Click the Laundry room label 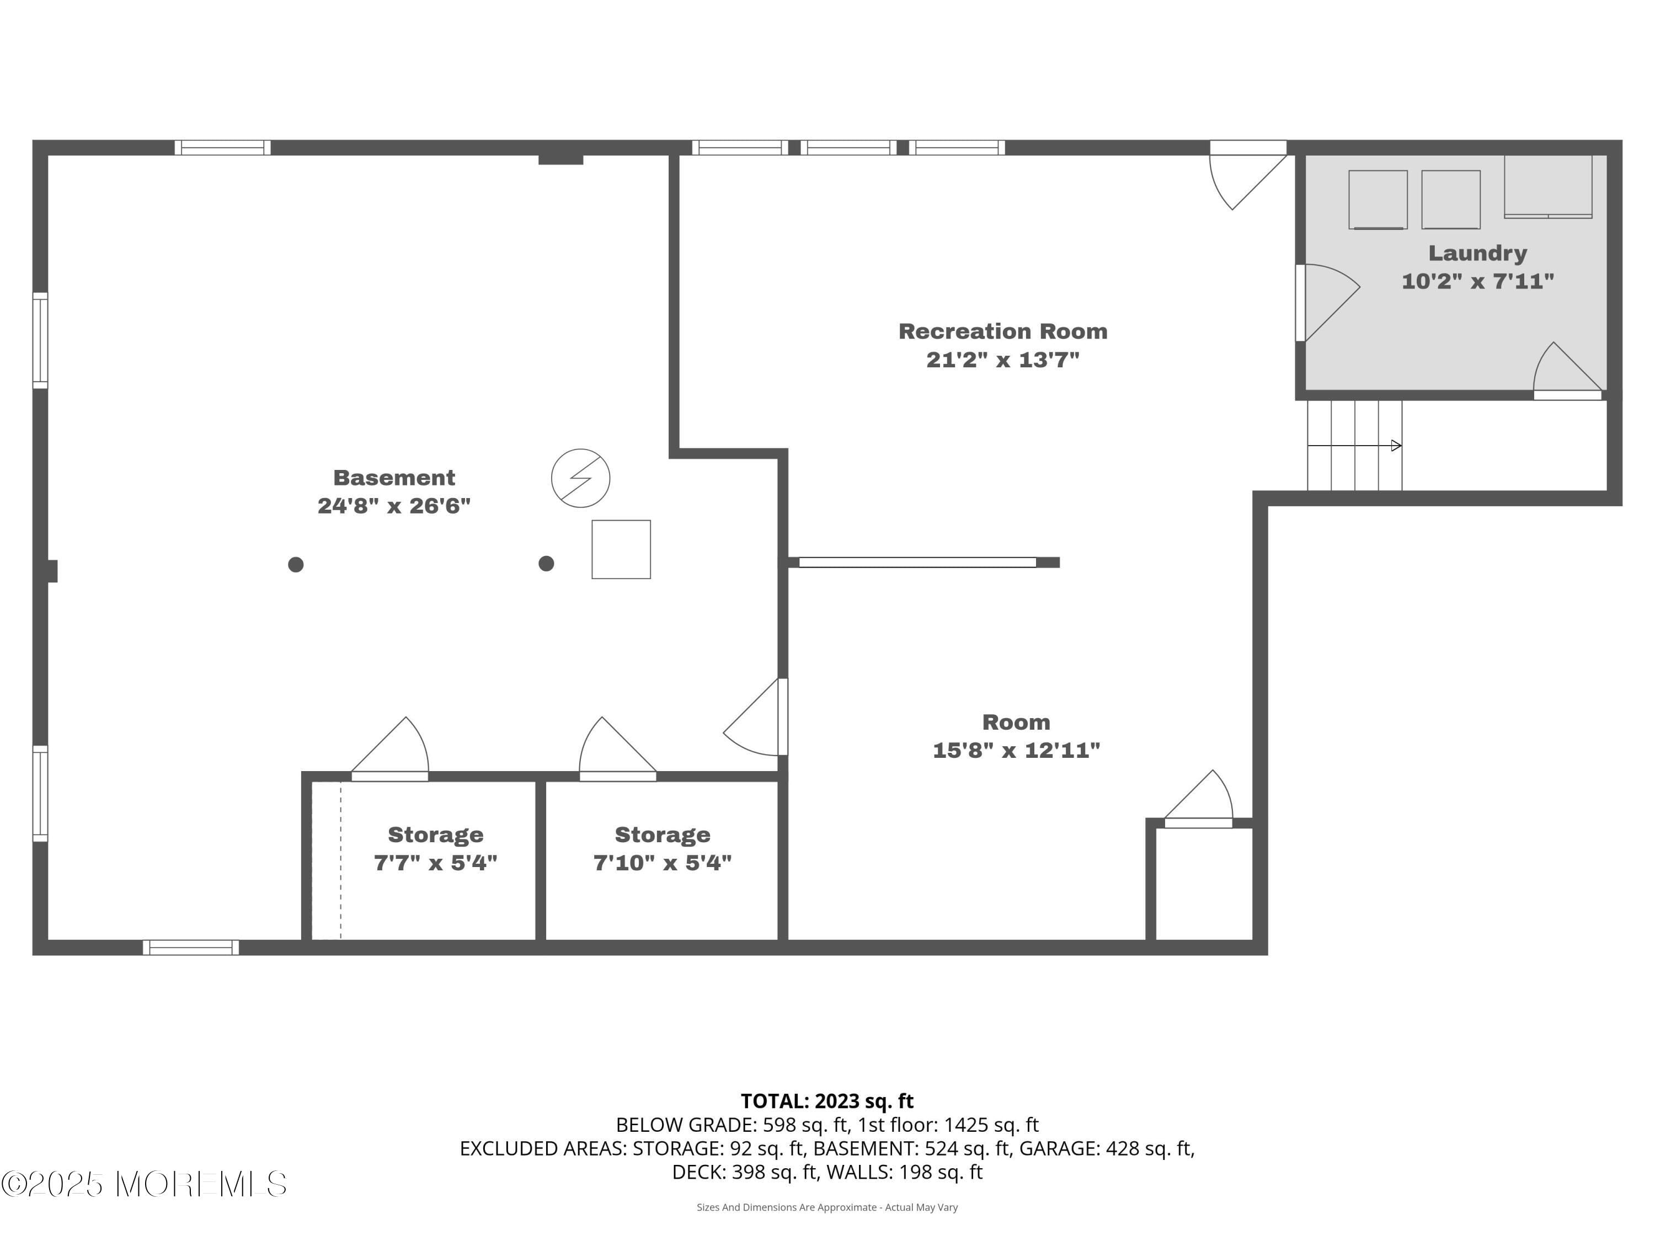[x=1477, y=253]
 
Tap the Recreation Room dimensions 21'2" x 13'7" [x=1002, y=360]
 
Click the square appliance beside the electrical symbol [x=621, y=549]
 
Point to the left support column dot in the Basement [x=296, y=565]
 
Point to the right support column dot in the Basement [x=546, y=563]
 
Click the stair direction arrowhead [x=1395, y=446]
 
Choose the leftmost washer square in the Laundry [x=1378, y=199]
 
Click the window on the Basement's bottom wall [x=191, y=947]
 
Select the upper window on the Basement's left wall [x=40, y=340]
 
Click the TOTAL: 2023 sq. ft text [x=827, y=1101]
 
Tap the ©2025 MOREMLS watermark [x=143, y=1184]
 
